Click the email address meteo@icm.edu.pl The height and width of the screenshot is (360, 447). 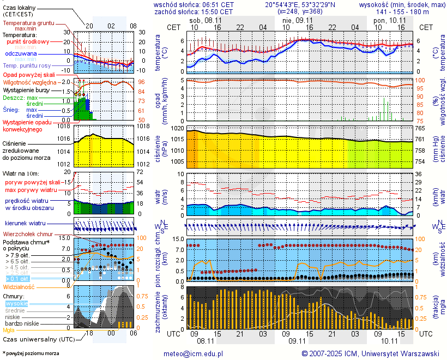click(x=194, y=353)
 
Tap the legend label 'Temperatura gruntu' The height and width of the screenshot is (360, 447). click(x=28, y=23)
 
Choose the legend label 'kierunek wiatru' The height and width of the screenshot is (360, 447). click(x=25, y=224)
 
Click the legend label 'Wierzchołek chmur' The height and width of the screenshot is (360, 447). click(x=27, y=233)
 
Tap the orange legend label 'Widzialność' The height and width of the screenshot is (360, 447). click(x=19, y=286)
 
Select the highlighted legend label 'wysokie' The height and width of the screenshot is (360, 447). click(x=16, y=303)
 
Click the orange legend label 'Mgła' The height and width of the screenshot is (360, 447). click(x=9, y=330)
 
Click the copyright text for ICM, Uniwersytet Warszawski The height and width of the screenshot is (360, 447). click(x=371, y=353)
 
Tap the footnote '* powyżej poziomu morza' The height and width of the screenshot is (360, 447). click(x=31, y=353)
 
